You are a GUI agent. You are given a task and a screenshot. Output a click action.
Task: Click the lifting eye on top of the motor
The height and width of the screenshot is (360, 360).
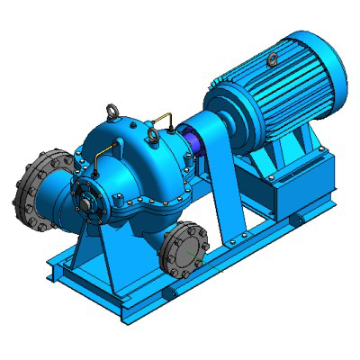coord(273,60)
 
